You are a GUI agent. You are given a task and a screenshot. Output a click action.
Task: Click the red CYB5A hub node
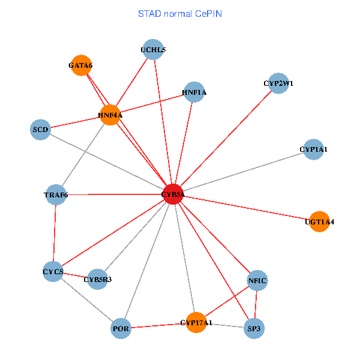click(173, 194)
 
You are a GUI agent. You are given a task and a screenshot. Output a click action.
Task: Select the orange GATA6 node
click(81, 65)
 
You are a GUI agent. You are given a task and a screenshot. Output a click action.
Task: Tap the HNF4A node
click(110, 115)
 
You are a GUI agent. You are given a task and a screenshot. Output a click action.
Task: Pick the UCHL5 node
click(154, 50)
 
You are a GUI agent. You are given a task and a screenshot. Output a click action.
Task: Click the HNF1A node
click(194, 92)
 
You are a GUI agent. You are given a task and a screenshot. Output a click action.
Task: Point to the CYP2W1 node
click(278, 83)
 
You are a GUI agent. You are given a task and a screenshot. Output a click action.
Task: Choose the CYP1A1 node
click(313, 149)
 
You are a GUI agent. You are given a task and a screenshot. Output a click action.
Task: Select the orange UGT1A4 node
click(319, 221)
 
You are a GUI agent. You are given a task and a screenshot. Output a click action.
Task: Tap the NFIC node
click(257, 280)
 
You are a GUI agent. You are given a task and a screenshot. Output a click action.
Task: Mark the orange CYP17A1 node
click(196, 323)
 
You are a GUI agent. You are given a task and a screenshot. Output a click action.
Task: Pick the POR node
click(121, 328)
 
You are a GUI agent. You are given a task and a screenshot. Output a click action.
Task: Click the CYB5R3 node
click(97, 279)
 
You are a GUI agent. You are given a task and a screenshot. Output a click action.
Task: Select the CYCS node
click(53, 272)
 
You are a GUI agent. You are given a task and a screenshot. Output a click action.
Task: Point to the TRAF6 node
click(56, 194)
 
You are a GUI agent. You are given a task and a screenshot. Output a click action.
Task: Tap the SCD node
click(40, 129)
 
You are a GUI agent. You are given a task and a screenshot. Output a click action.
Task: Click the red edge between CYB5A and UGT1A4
click(246, 208)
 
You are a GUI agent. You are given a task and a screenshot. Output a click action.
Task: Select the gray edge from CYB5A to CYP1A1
click(243, 171)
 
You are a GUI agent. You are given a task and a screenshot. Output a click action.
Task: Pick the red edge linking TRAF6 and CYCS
click(55, 233)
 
